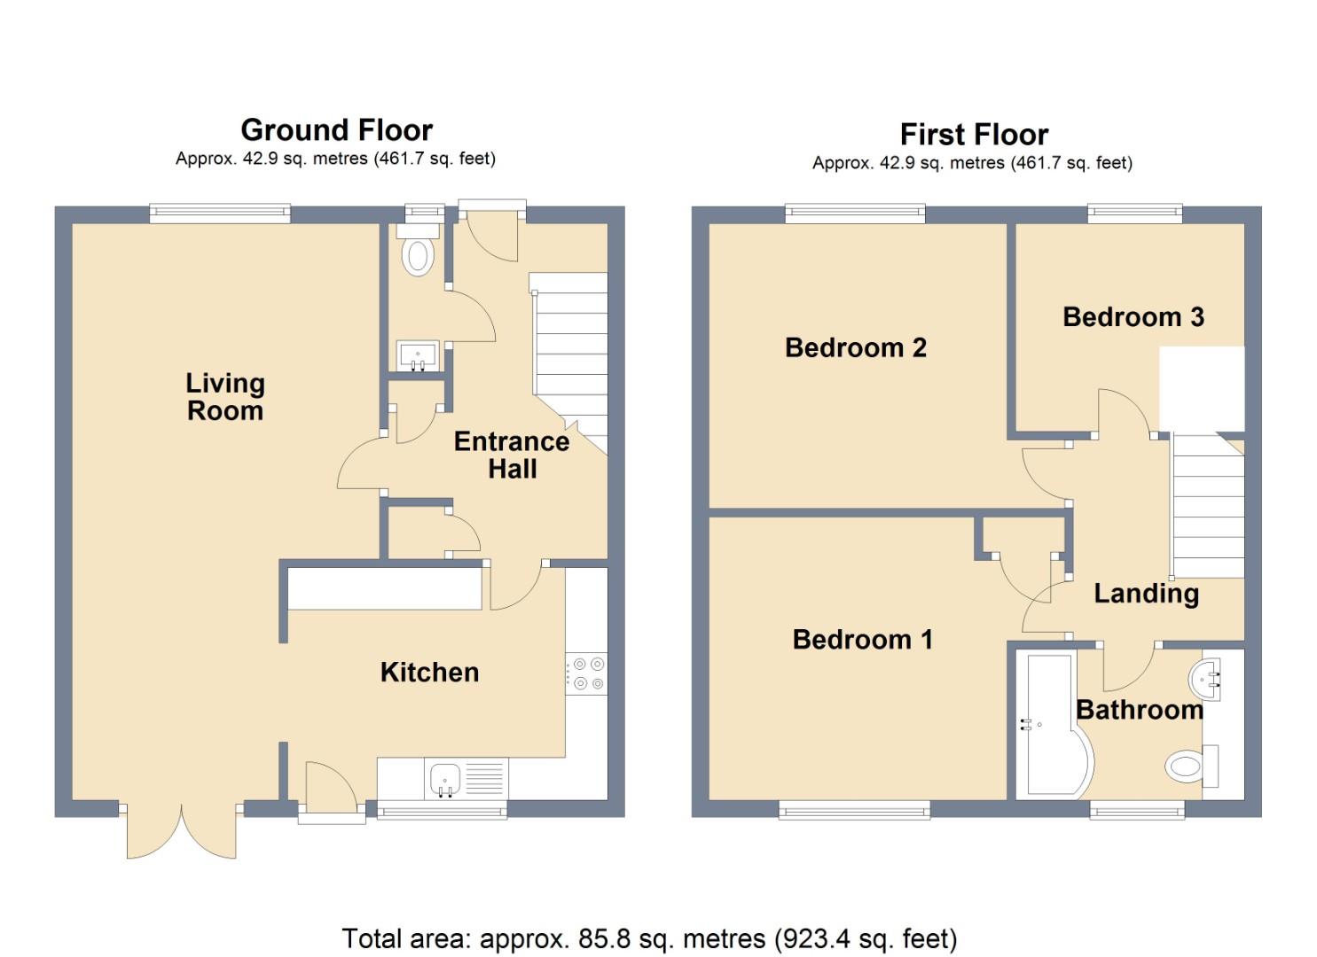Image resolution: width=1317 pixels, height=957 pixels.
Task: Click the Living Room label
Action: point(225,397)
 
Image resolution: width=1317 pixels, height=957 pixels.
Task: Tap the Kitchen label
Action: point(430,673)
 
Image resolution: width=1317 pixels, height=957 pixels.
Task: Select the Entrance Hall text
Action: point(512,455)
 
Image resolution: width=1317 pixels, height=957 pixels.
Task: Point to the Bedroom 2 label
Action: point(856,347)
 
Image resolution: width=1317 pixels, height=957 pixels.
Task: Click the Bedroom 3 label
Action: point(1133,317)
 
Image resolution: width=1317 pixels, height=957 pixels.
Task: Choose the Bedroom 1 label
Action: point(863,639)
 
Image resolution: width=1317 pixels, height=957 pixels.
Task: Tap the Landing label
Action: point(1147,595)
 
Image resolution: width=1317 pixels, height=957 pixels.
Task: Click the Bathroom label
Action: point(1140,711)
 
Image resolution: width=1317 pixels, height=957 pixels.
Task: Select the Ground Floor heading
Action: point(337,130)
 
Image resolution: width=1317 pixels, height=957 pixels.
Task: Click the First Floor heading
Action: point(975,135)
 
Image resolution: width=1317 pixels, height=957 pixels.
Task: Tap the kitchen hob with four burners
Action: point(586,673)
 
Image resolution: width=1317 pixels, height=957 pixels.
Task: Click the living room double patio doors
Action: point(182,829)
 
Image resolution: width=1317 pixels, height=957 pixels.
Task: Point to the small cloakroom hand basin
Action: point(418,356)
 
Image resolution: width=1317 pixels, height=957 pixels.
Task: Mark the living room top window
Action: point(220,214)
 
